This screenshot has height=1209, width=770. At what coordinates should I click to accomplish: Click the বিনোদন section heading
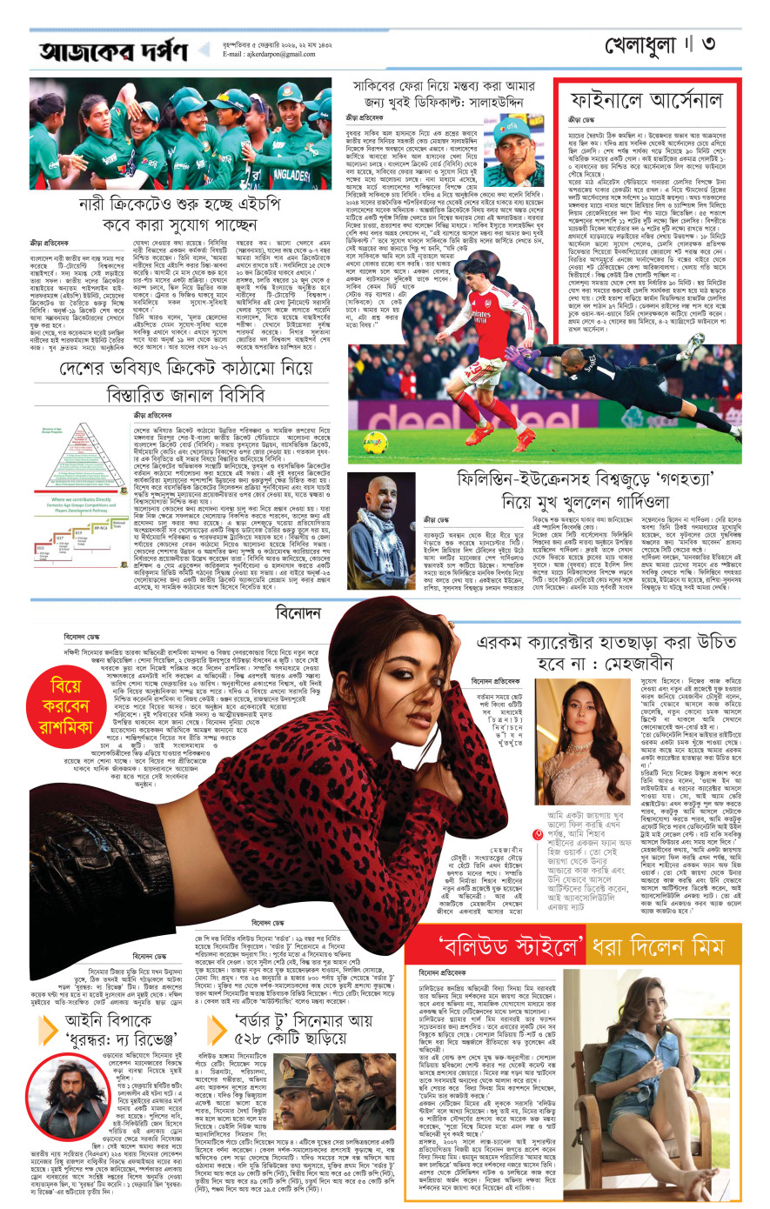[298, 613]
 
